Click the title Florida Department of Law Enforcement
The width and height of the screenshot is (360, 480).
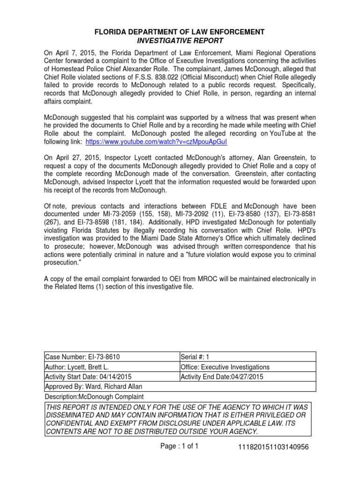pos(180,32)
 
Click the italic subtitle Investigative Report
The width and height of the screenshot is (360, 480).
pos(180,41)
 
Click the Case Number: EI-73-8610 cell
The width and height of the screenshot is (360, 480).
pos(79,358)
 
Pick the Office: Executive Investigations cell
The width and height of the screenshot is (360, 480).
pos(225,367)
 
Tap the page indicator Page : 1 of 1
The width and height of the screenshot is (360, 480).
pos(180,447)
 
